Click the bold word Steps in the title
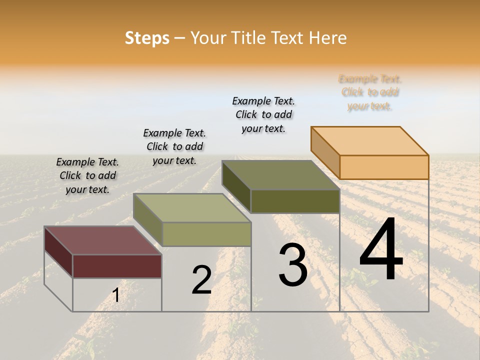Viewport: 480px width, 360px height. [x=147, y=38]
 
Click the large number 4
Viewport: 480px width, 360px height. [x=381, y=249]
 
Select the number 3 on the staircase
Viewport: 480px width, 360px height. [x=293, y=265]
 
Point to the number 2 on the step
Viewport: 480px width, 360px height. [x=201, y=280]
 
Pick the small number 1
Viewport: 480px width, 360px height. [x=116, y=295]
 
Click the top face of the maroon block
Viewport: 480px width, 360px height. [x=103, y=240]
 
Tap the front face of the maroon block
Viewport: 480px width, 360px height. [x=117, y=266]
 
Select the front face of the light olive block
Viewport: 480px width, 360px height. [x=206, y=234]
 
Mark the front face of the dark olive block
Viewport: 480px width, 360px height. [x=295, y=201]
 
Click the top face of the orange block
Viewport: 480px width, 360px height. [x=370, y=140]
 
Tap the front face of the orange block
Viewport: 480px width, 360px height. [x=384, y=167]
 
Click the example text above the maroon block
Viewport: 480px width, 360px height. [x=87, y=176]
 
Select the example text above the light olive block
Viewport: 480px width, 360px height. [x=174, y=147]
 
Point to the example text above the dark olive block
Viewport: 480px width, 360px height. [x=263, y=114]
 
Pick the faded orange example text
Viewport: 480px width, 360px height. [x=370, y=92]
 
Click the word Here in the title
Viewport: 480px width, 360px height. [x=327, y=38]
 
